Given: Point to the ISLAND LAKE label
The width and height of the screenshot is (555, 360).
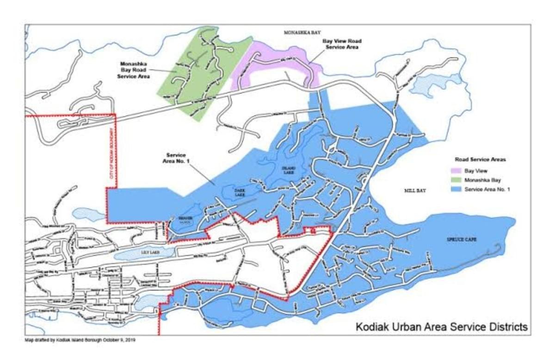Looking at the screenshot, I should coord(288,170).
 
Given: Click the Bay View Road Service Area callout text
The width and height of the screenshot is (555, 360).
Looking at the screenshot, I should coord(341,44).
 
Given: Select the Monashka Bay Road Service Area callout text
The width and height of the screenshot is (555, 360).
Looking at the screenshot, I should coord(134,69).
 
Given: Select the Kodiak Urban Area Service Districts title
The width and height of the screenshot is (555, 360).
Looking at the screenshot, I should coord(441,327).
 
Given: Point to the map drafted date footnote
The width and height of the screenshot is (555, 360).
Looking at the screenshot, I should coord(80,340).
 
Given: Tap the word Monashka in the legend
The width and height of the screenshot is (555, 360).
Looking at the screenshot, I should coord(479,180).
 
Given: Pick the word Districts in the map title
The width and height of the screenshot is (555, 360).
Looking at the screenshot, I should coord(506,327).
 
